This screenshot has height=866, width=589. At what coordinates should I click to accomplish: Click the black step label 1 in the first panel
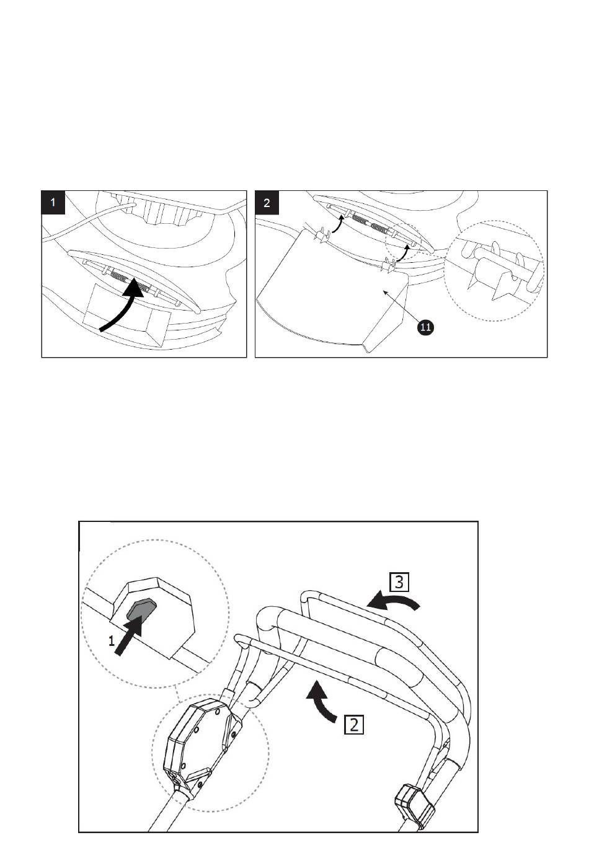(x=53, y=202)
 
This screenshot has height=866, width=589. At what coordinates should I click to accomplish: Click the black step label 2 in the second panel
(x=267, y=202)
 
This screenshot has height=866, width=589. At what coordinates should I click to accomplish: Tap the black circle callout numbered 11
(x=425, y=327)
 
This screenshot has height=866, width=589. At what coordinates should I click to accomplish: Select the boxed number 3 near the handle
(x=399, y=582)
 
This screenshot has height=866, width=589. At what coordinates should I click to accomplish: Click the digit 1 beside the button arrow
(x=112, y=642)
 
